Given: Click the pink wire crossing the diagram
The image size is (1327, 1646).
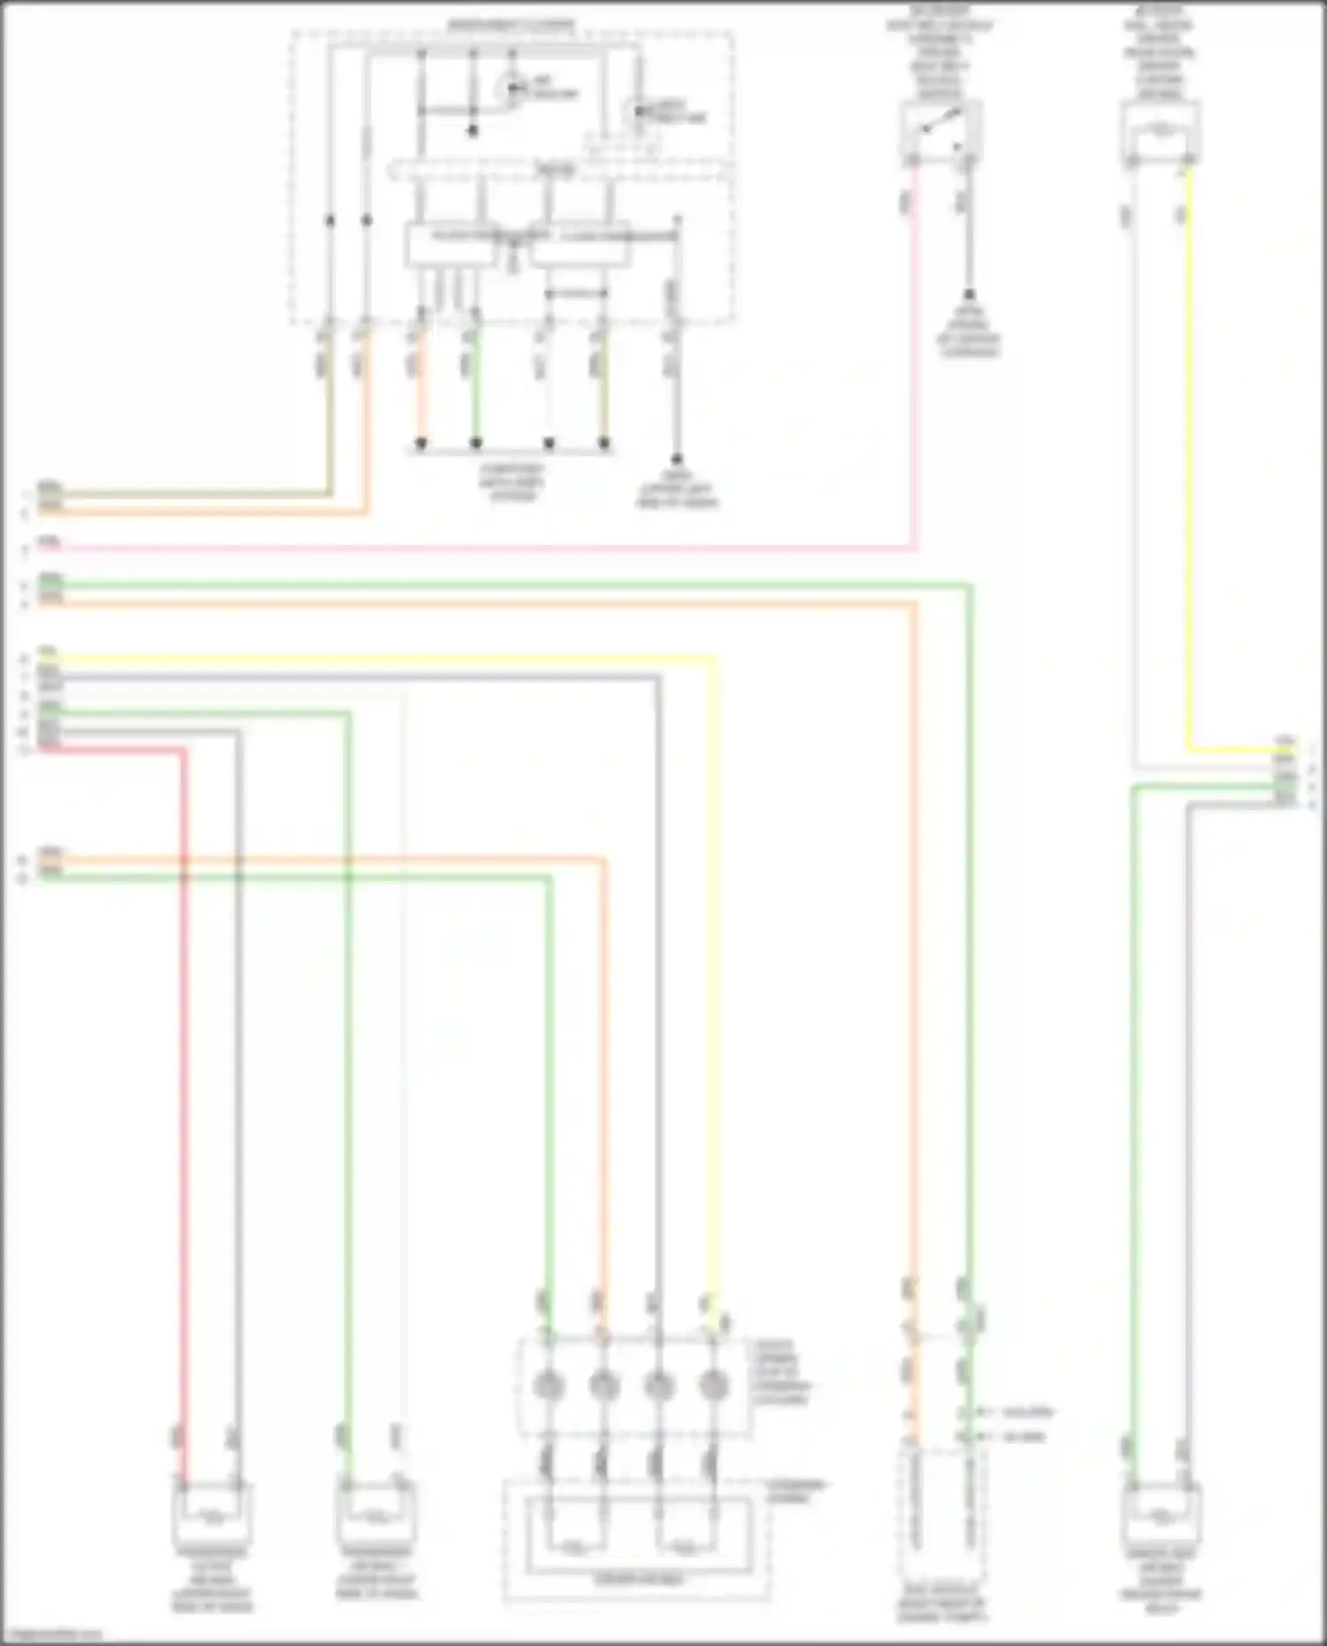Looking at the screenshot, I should (487, 548).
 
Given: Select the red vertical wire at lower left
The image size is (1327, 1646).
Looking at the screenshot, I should (184, 1061).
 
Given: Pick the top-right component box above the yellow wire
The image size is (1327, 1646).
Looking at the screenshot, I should (1160, 131).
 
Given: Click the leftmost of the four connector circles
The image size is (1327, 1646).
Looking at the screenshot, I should (548, 1385).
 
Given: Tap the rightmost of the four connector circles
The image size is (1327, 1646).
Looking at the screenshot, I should (713, 1385).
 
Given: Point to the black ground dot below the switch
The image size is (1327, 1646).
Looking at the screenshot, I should (970, 295).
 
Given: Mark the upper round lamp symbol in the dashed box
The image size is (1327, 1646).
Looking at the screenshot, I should (511, 89).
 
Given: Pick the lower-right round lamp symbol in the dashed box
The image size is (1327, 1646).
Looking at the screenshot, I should (636, 112).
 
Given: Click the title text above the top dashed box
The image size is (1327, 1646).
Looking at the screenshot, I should (510, 25).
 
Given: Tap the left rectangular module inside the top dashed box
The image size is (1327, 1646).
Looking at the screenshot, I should (451, 244).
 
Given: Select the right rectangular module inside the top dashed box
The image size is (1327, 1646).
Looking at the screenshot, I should (579, 245).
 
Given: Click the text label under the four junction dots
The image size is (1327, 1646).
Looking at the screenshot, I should (512, 483).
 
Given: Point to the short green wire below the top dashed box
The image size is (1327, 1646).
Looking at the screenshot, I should (476, 389).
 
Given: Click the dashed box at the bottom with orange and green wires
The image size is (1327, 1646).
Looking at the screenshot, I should (941, 1504).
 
